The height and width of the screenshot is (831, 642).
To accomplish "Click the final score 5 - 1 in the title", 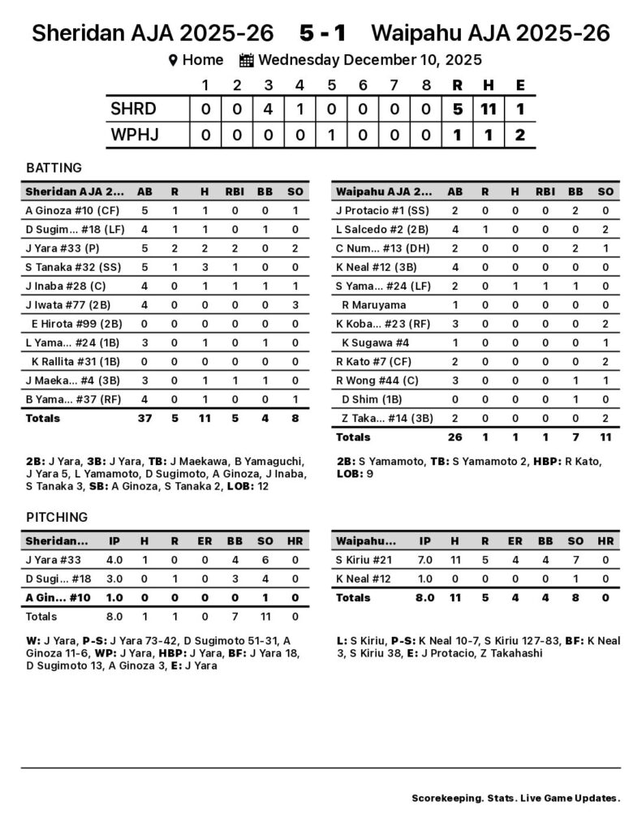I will pyautogui.click(x=323, y=33).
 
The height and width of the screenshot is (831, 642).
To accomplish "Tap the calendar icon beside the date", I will pyautogui.click(x=247, y=60).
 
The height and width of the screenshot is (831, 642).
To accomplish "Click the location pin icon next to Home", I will pyautogui.click(x=172, y=60).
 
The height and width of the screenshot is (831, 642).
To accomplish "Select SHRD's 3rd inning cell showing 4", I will pyautogui.click(x=268, y=109).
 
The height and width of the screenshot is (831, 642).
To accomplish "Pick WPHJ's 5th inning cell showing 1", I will pyautogui.click(x=331, y=135).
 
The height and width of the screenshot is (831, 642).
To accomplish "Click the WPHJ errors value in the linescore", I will pyautogui.click(x=520, y=135).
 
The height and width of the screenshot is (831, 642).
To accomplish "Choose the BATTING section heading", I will pyautogui.click(x=54, y=168).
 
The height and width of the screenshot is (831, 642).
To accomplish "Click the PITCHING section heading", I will pyautogui.click(x=57, y=517).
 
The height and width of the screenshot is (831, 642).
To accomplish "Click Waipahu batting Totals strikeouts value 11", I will pyautogui.click(x=605, y=437).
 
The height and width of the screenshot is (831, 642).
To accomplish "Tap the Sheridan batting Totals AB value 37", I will pyautogui.click(x=145, y=418).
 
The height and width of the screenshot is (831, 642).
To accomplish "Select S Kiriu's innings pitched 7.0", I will pyautogui.click(x=424, y=560).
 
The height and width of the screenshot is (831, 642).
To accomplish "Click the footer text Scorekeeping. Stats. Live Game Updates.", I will pyautogui.click(x=516, y=798).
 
